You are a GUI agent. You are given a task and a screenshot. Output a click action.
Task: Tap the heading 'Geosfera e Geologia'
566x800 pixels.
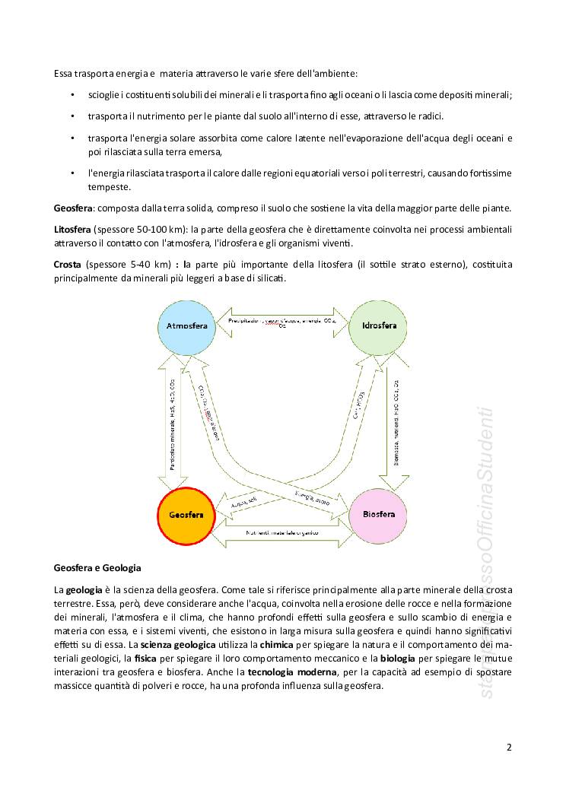(97, 567)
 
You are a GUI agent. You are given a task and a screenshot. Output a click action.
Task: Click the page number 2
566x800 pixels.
(509, 747)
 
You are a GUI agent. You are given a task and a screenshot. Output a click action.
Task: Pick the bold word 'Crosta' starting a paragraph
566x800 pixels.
(68, 265)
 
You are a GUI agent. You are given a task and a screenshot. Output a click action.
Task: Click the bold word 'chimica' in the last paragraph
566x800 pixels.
(272, 645)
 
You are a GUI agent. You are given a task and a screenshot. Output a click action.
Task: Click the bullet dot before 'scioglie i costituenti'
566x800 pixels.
(72, 94)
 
